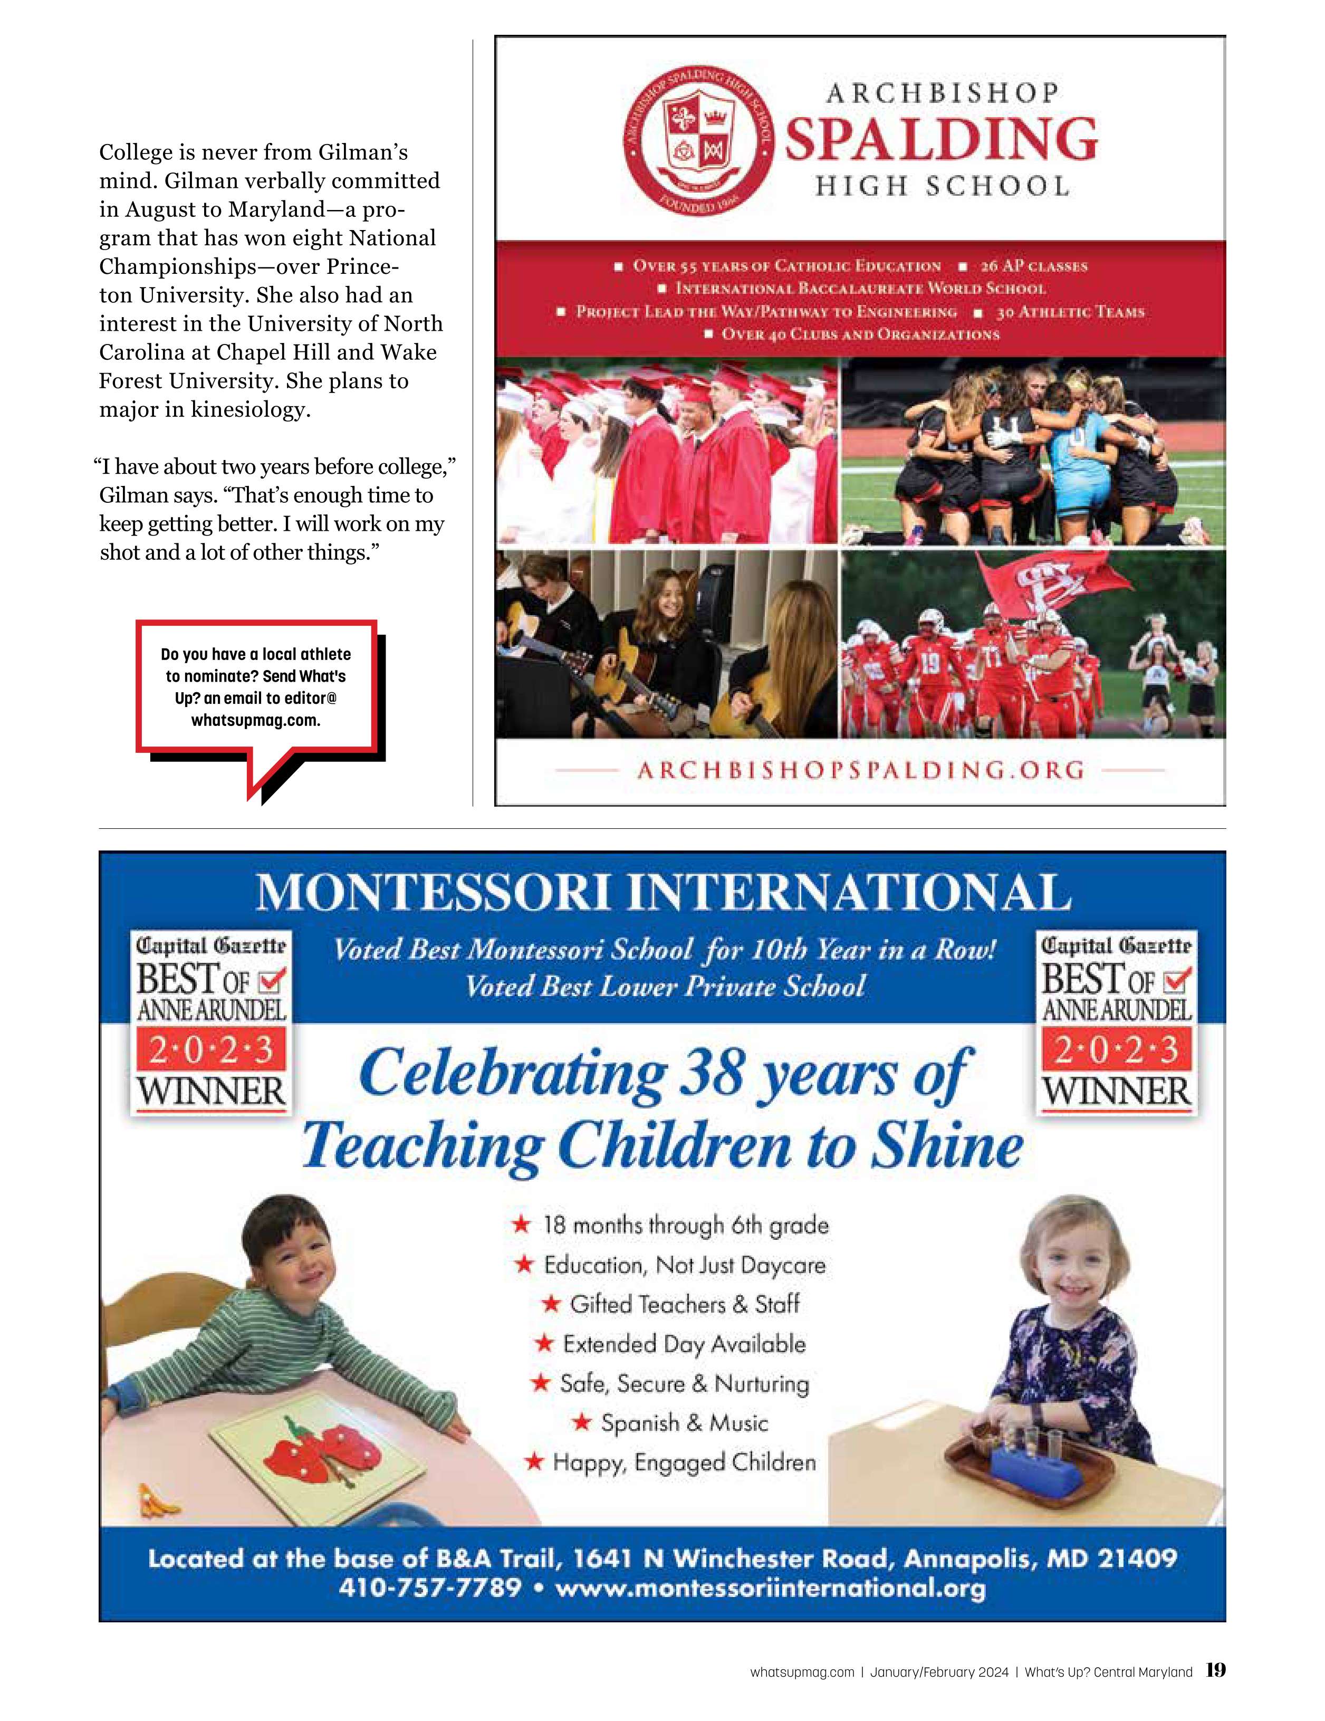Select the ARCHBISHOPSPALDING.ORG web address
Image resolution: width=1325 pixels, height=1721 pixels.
(860, 770)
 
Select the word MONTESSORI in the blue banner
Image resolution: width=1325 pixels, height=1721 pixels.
(433, 893)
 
